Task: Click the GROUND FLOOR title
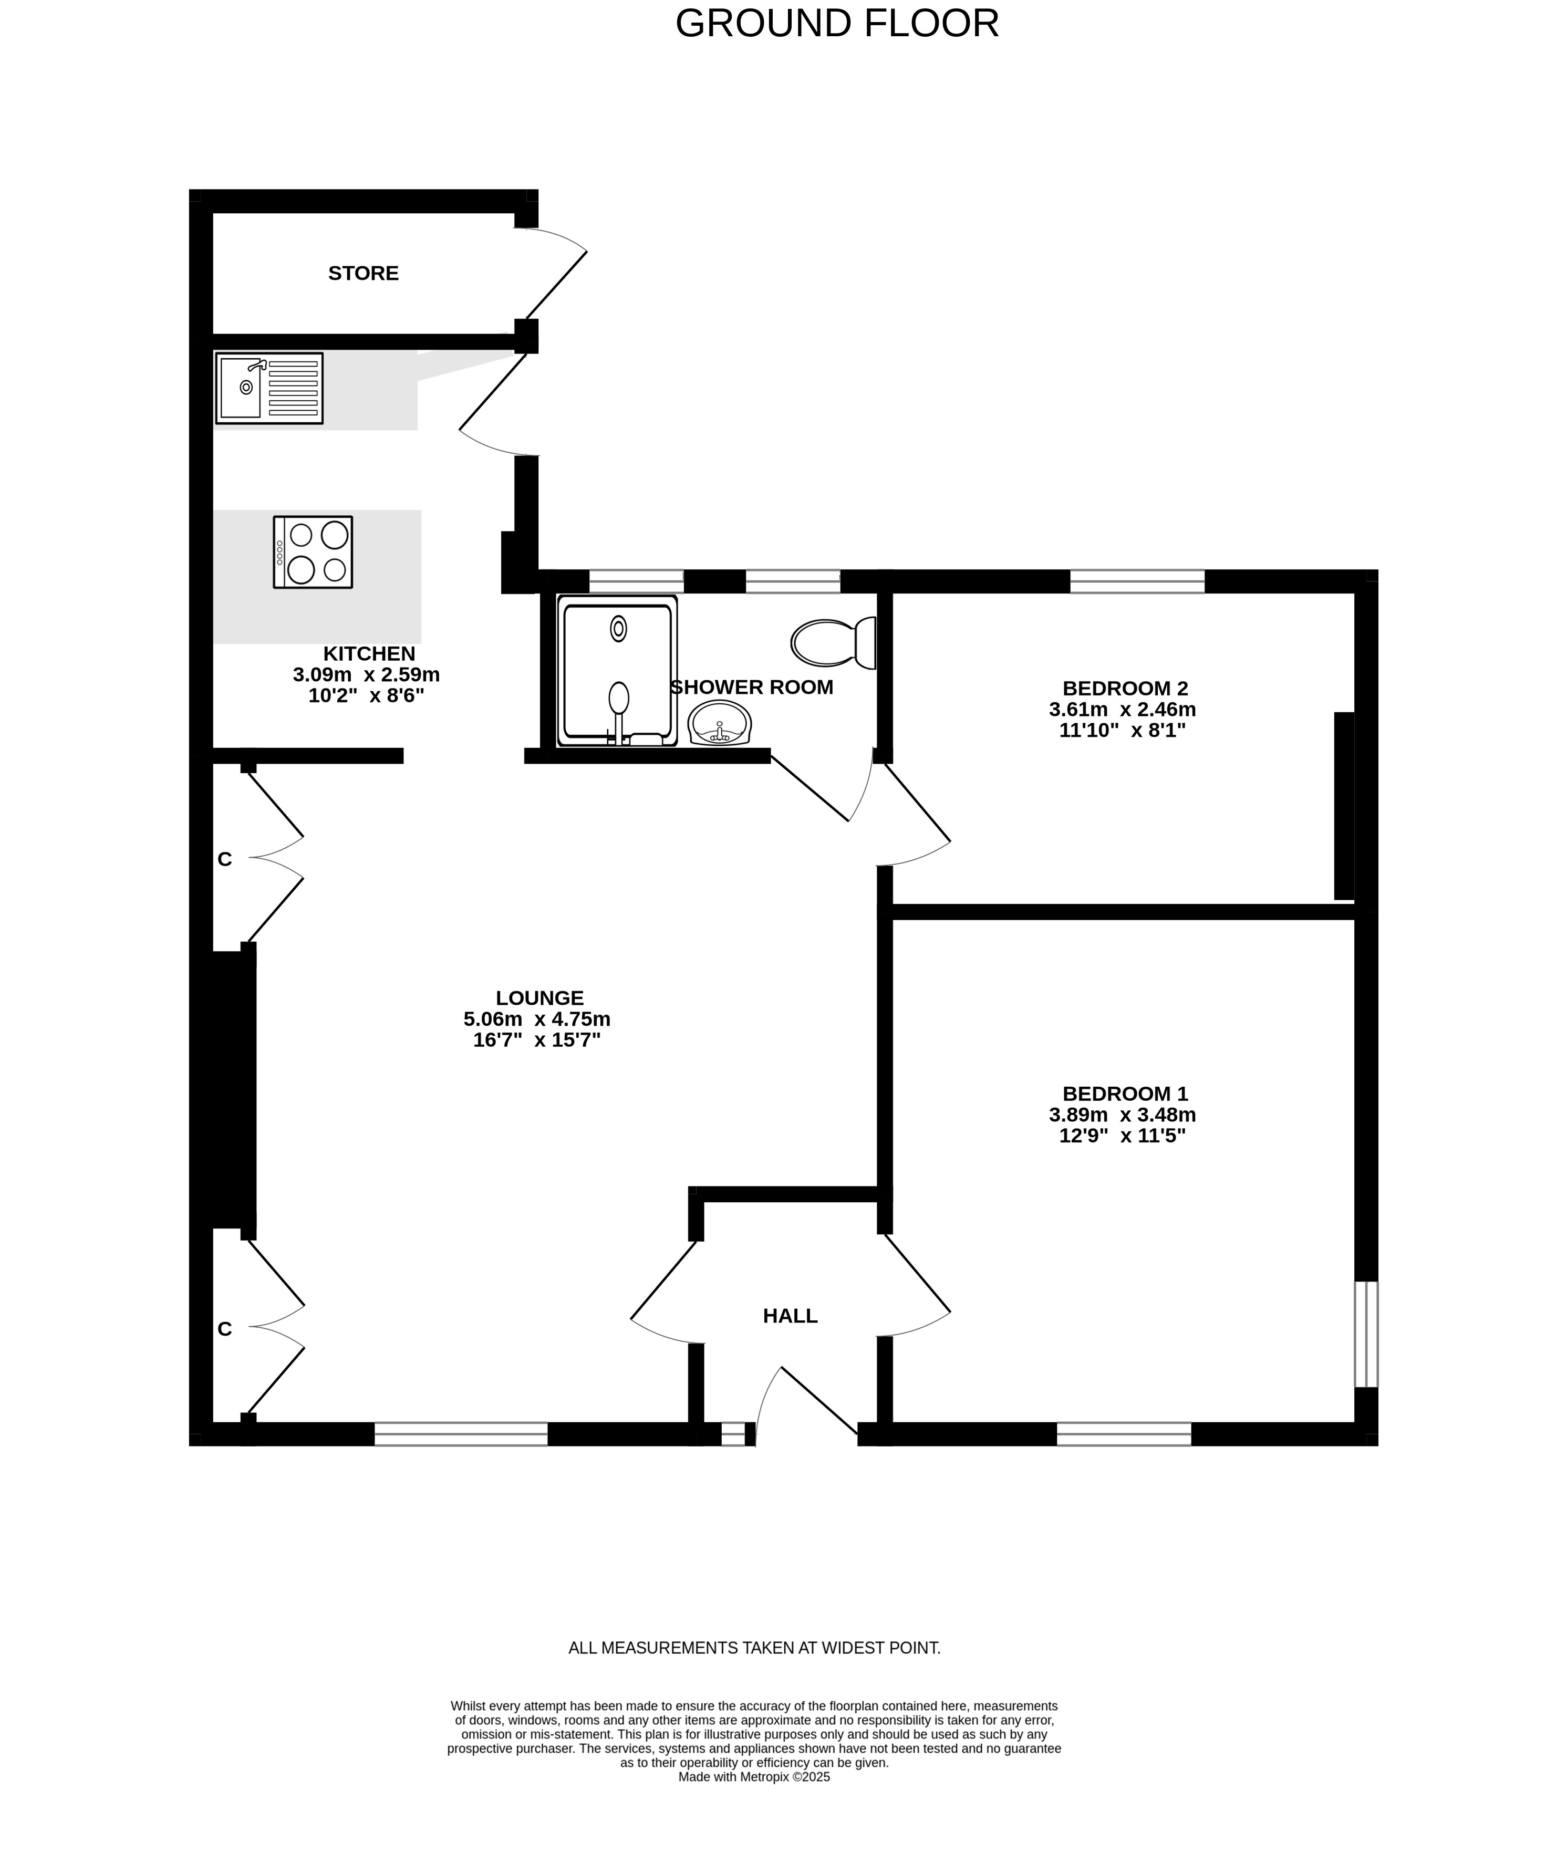click(837, 23)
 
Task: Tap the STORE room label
click(363, 273)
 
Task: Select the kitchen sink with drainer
click(268, 388)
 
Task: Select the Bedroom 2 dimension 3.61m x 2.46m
click(1123, 710)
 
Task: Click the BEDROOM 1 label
click(1125, 1093)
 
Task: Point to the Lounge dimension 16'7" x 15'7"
click(537, 1039)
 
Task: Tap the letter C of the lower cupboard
click(225, 1329)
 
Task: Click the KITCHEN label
click(369, 654)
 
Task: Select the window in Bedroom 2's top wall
click(1137, 581)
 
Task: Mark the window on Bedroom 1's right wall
click(1366, 1334)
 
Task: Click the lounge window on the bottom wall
click(461, 1434)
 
